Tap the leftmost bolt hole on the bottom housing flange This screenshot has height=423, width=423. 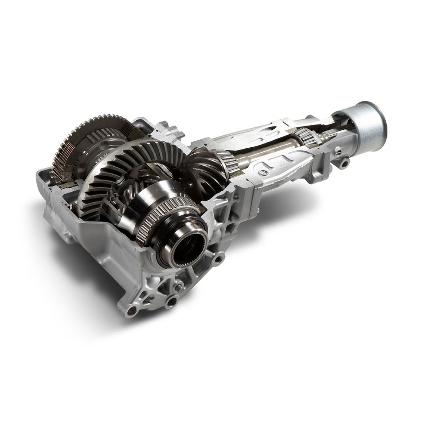pyautogui.click(x=132, y=310)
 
